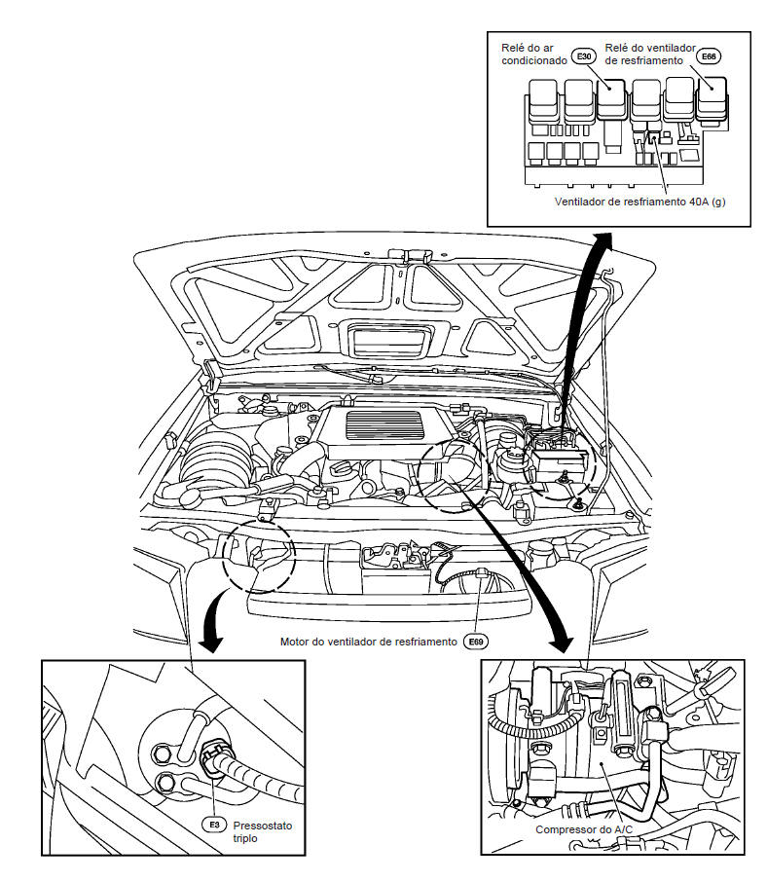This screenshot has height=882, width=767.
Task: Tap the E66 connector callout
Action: click(x=710, y=57)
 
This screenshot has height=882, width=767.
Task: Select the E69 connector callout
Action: click(x=476, y=642)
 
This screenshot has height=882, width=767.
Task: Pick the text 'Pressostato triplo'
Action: click(x=262, y=830)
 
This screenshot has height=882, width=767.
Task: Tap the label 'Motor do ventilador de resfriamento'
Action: click(x=368, y=642)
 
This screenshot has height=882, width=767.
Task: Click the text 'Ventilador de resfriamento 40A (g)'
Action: click(x=639, y=202)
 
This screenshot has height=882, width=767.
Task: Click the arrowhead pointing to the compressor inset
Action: click(x=563, y=644)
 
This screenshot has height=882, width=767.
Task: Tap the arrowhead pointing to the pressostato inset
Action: click(x=210, y=642)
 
